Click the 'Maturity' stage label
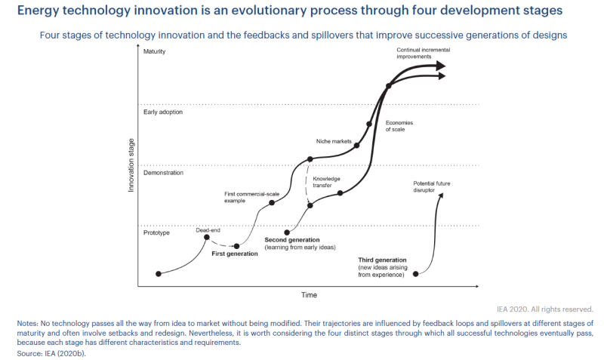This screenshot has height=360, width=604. point(154,51)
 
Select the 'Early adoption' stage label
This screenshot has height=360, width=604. point(163,112)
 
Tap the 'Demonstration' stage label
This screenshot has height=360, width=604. point(164,173)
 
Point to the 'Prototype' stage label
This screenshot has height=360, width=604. point(156,232)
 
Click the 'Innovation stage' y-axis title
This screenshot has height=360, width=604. point(131,165)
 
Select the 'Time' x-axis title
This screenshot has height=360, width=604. point(310,294)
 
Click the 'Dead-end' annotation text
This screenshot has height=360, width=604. point(208,229)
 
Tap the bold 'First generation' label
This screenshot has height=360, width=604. point(235,254)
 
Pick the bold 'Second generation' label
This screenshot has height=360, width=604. point(293,240)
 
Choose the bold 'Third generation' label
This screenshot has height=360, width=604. point(383,260)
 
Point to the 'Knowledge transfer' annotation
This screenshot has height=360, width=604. point(327,182)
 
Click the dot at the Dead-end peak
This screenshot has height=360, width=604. point(207,238)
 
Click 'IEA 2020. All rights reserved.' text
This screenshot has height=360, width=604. point(545,309)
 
